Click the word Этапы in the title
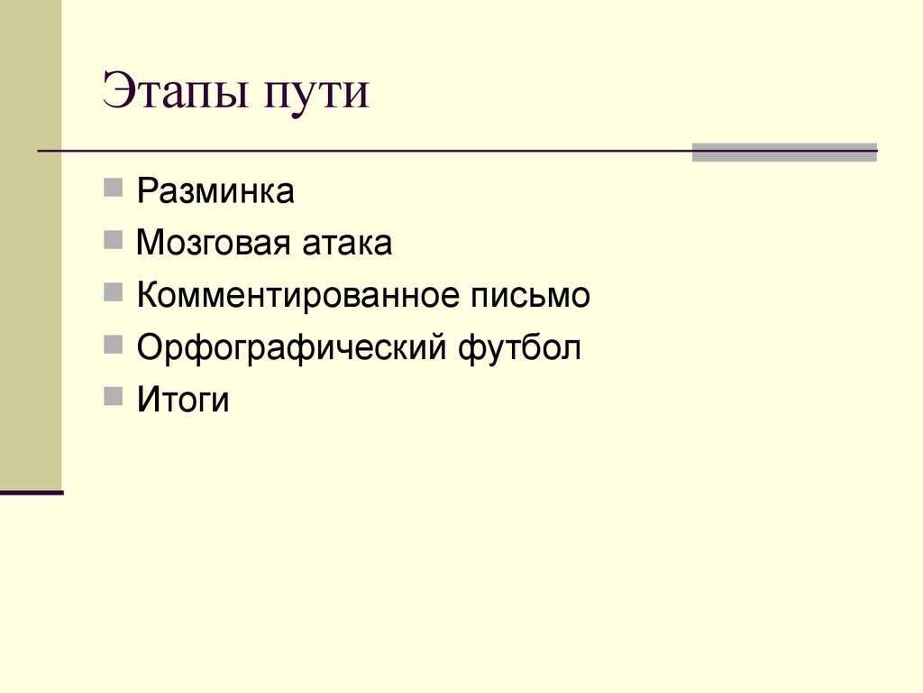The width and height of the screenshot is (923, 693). click(x=176, y=95)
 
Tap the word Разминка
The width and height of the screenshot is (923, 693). click(x=215, y=192)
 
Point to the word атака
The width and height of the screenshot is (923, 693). click(x=346, y=244)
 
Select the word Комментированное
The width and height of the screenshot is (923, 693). click(x=298, y=296)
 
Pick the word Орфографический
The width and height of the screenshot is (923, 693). click(x=292, y=348)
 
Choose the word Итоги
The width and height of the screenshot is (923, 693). click(x=183, y=400)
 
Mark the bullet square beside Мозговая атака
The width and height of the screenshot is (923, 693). click(x=114, y=240)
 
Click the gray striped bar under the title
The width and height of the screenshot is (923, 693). click(x=783, y=152)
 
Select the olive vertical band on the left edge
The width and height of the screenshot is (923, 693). click(x=31, y=244)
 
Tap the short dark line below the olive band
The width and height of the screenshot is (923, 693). click(x=32, y=493)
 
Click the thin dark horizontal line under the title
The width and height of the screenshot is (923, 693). click(x=361, y=151)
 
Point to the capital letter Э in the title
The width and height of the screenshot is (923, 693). click(x=118, y=94)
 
